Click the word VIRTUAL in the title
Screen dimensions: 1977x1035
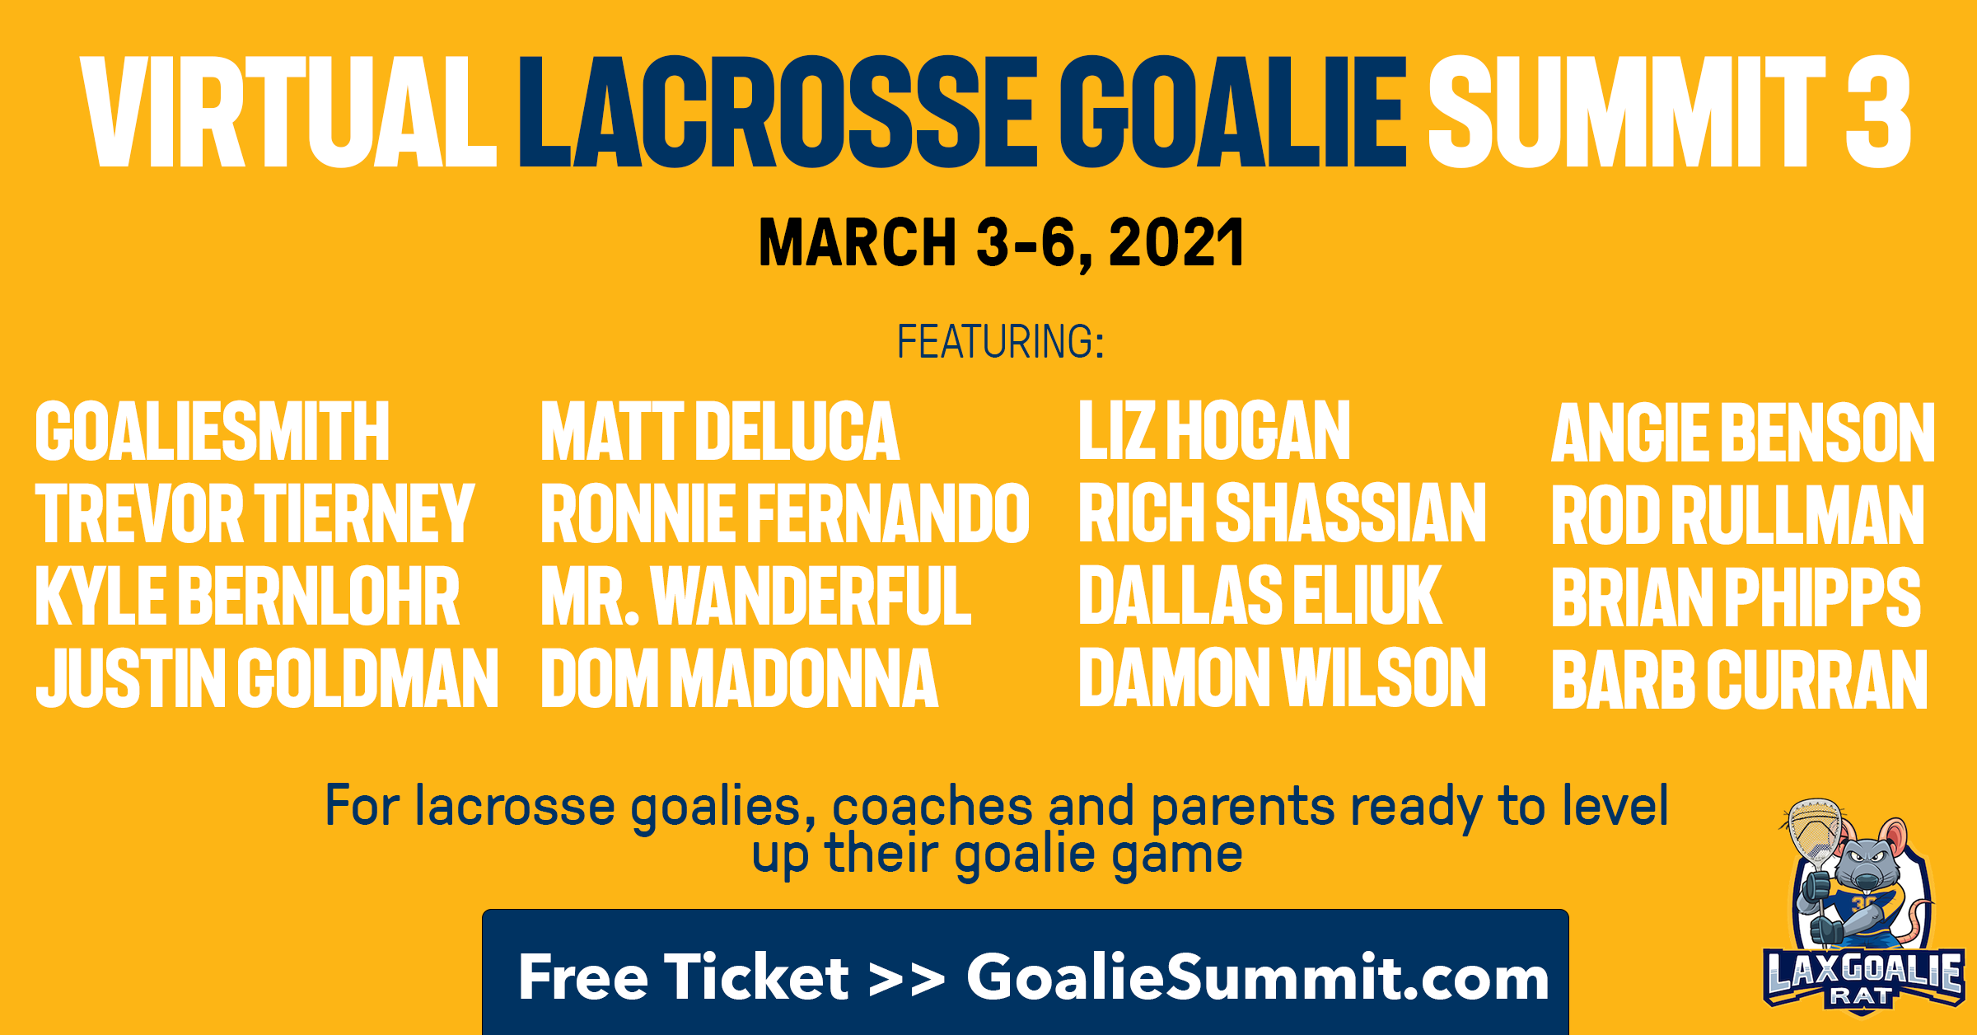[x=288, y=112]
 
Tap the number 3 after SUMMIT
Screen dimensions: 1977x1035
[x=1878, y=112]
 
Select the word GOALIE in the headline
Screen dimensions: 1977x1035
[x=1233, y=112]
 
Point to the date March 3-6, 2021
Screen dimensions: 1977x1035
[x=1001, y=243]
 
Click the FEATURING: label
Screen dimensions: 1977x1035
[x=1000, y=342]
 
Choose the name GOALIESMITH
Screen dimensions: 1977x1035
[x=213, y=431]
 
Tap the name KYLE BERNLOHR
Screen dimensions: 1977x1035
[x=247, y=596]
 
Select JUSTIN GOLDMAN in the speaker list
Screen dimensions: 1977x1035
[x=268, y=678]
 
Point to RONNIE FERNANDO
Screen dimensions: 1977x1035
[x=785, y=513]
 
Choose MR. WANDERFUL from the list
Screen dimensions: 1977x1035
[x=756, y=596]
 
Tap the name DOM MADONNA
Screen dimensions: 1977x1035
[x=740, y=678]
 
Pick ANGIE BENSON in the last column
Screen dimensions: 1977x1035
[x=1743, y=433]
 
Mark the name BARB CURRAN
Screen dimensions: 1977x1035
[x=1740, y=680]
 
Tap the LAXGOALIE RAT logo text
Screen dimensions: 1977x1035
[x=1863, y=980]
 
